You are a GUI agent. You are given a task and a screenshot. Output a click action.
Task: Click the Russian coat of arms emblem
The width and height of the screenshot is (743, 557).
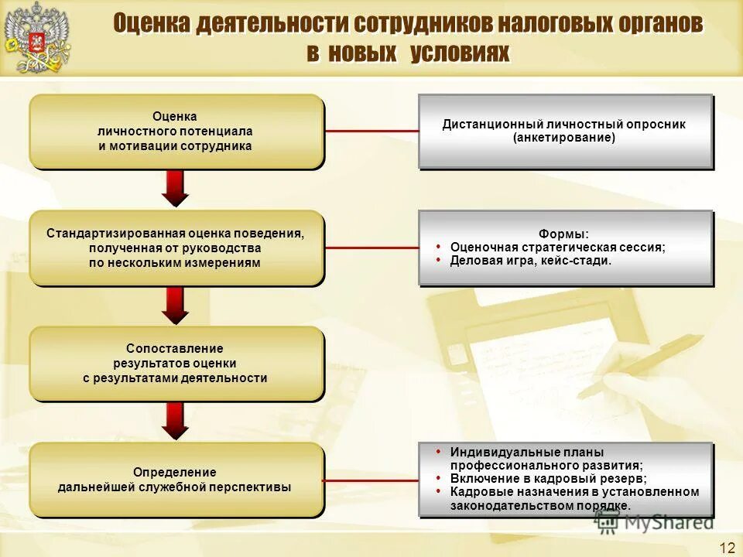coord(36,38)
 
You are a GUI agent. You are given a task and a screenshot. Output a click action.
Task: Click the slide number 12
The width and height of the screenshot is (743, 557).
coord(727,548)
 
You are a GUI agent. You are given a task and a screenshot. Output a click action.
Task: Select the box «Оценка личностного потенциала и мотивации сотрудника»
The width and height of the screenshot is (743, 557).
coord(176,132)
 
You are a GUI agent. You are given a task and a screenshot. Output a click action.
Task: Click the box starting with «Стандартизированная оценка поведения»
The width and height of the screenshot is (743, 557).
coord(176,248)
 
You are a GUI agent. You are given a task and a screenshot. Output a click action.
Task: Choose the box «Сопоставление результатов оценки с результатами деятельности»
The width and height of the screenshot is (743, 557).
coord(176,364)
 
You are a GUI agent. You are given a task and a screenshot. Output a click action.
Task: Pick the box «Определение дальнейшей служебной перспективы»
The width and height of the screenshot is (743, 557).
coord(176,480)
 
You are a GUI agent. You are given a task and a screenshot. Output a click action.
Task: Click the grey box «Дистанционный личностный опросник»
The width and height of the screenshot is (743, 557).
coord(564,131)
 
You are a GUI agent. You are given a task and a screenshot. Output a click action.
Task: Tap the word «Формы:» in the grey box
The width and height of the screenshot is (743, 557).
coord(563,234)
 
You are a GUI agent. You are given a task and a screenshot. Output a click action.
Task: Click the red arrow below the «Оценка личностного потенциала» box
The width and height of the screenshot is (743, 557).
coord(176,189)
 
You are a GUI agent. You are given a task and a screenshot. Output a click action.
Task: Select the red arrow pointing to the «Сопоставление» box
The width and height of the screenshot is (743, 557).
coord(176,305)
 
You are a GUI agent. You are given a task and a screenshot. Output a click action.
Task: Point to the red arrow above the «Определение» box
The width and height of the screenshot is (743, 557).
coord(176,421)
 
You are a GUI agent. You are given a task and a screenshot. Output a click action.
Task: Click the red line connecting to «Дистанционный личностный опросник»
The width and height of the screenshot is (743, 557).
coord(371,132)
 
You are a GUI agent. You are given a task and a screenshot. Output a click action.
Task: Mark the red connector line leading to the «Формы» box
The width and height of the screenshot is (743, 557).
coord(371,248)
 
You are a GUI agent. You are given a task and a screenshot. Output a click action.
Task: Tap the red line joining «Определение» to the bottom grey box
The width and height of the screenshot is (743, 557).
coord(371,480)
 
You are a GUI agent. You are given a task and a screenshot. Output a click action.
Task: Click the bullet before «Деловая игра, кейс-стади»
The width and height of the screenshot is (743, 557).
coord(440,259)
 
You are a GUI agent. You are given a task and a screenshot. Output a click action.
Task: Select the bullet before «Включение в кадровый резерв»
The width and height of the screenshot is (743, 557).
coord(439,477)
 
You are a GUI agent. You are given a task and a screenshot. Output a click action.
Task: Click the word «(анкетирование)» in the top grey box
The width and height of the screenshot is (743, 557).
coord(563,138)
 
